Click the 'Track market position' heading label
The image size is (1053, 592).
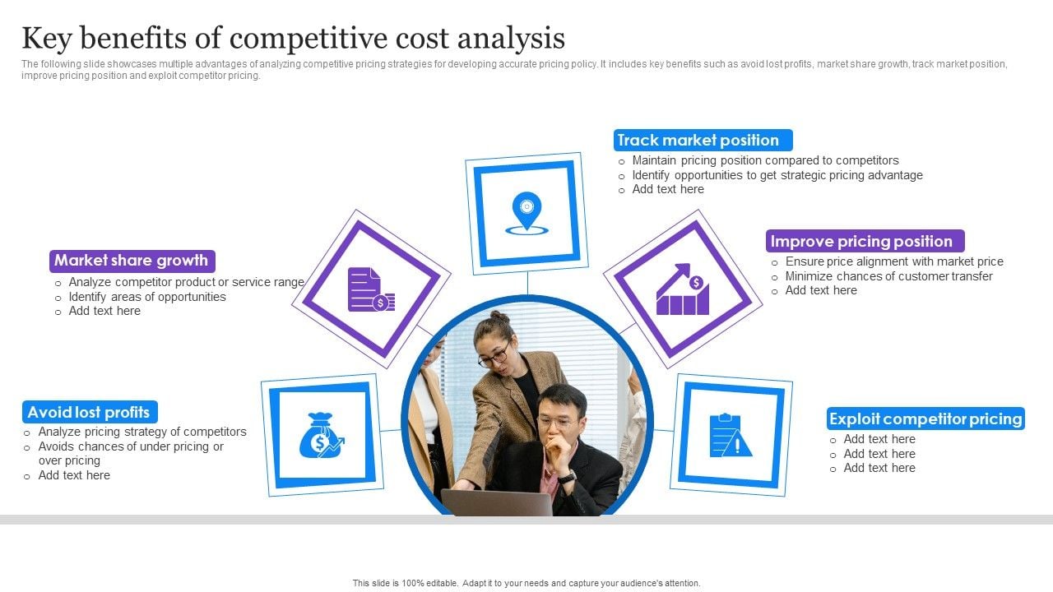pyautogui.click(x=703, y=140)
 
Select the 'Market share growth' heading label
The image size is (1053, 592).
pyautogui.click(x=132, y=261)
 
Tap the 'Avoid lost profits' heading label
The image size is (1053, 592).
pyautogui.click(x=90, y=412)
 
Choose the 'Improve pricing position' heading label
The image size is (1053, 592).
pyautogui.click(x=865, y=241)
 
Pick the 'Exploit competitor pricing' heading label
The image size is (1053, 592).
pyautogui.click(x=925, y=419)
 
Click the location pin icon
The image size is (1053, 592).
pyautogui.click(x=527, y=213)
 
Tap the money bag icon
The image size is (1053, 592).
pyautogui.click(x=322, y=436)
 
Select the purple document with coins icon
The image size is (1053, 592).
pyautogui.click(x=371, y=289)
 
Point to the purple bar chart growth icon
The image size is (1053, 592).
pyautogui.click(x=683, y=289)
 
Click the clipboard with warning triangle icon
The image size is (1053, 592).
pyautogui.click(x=730, y=436)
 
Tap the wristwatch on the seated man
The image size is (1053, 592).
pyautogui.click(x=568, y=478)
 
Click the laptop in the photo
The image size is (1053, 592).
pyautogui.click(x=497, y=502)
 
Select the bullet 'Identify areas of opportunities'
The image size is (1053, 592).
pyautogui.click(x=147, y=297)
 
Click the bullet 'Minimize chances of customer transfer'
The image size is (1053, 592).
pyautogui.click(x=889, y=276)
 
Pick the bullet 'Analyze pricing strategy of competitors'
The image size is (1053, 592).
pyautogui.click(x=142, y=432)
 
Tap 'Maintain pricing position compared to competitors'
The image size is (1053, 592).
pyautogui.click(x=765, y=160)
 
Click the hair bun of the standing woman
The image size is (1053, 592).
pyautogui.click(x=499, y=317)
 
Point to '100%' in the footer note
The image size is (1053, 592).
pyautogui.click(x=413, y=583)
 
